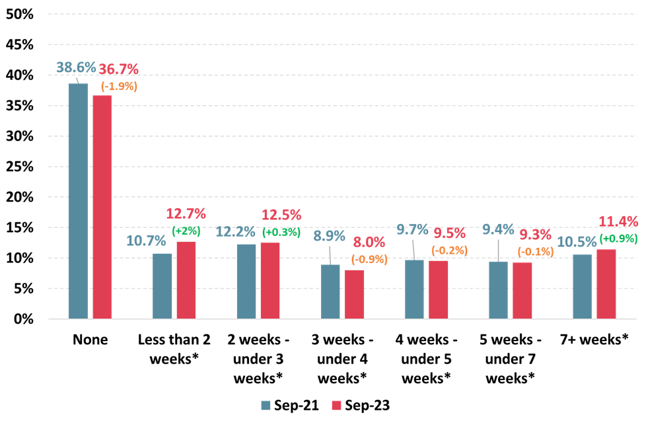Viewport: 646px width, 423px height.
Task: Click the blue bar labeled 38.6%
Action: (x=78, y=201)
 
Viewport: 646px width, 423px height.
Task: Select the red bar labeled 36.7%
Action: (x=102, y=207)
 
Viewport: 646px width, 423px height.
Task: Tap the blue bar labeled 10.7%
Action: (x=162, y=286)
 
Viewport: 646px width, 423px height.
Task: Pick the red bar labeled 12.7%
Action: (x=186, y=280)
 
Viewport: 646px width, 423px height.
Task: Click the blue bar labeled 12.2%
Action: (x=246, y=281)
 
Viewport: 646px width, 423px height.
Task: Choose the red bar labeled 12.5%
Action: (x=270, y=280)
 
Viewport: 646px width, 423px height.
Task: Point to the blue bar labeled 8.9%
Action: (x=330, y=291)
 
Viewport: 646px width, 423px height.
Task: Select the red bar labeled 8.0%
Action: (x=354, y=294)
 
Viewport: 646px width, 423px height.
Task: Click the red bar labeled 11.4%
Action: (x=606, y=284)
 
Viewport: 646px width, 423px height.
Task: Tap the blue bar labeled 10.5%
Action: (x=582, y=286)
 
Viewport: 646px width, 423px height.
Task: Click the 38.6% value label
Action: (x=76, y=67)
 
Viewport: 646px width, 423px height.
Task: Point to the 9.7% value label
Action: (x=412, y=229)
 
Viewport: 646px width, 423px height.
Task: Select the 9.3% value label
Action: (x=535, y=235)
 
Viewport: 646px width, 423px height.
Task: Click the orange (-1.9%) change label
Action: (x=119, y=86)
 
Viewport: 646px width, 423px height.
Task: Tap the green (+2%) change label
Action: (x=186, y=231)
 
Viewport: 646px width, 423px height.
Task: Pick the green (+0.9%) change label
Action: (x=618, y=238)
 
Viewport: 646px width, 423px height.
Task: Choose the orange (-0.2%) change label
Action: (x=449, y=250)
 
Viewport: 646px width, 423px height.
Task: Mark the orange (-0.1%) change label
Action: (x=535, y=251)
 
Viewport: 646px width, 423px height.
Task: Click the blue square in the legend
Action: (x=266, y=405)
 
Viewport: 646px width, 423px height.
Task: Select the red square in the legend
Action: (x=336, y=405)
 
